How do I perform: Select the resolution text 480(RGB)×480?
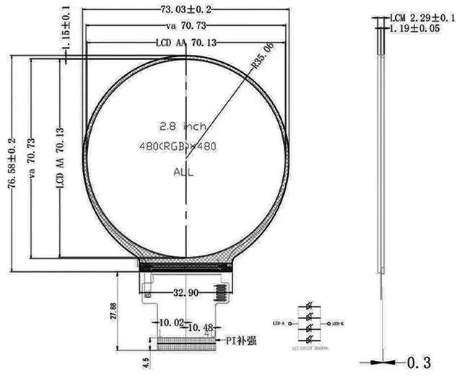point(178,147)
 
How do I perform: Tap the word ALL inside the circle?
point(183,172)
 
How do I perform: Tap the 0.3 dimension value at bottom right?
point(425,361)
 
